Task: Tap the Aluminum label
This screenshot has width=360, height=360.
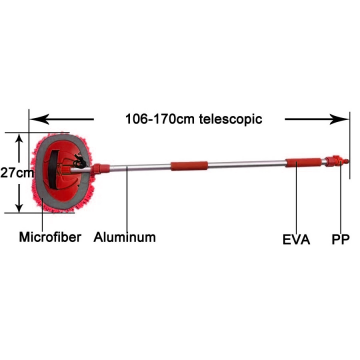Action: pos(127,240)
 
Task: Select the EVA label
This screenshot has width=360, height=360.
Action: pos(297,240)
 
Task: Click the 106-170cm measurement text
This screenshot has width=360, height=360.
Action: pos(159,118)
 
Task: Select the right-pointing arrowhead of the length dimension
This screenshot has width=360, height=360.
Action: pos(344,118)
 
